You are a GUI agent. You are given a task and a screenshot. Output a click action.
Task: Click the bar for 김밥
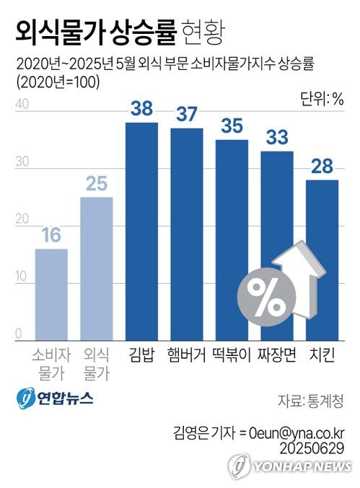coord(141,231)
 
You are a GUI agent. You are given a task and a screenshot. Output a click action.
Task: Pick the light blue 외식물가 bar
coord(96,268)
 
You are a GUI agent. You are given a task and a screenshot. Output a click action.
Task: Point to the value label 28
coord(322,167)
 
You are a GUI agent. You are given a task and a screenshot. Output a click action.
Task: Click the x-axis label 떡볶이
coord(231,354)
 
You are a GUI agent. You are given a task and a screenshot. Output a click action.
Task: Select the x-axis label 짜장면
coord(277,354)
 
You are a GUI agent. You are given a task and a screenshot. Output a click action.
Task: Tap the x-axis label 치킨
coord(322,354)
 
